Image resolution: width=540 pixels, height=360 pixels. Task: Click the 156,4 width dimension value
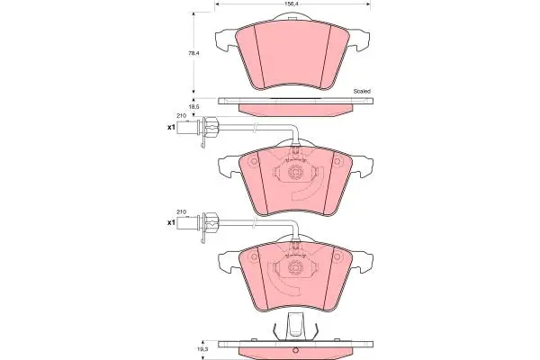tap(292, 4)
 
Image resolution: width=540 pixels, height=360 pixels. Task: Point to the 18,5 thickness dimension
tap(193, 107)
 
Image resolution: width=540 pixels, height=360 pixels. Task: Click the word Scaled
tap(362, 91)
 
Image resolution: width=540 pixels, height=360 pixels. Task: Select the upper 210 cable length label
tap(182, 116)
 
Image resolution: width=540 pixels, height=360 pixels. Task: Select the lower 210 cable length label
tap(182, 211)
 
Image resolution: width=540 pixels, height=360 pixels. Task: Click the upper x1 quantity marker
tap(171, 128)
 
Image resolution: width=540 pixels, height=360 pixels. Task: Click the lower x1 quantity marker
tap(171, 223)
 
